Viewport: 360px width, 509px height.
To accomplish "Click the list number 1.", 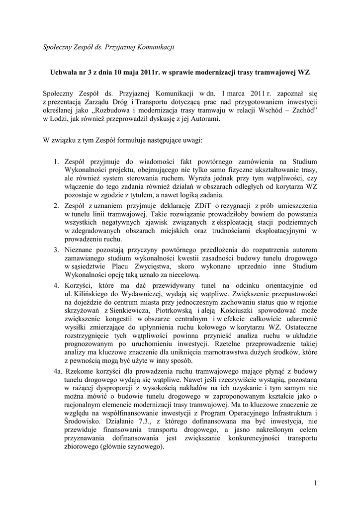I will (x=56, y=162).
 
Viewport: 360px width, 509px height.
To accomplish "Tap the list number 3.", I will (x=56, y=249).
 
